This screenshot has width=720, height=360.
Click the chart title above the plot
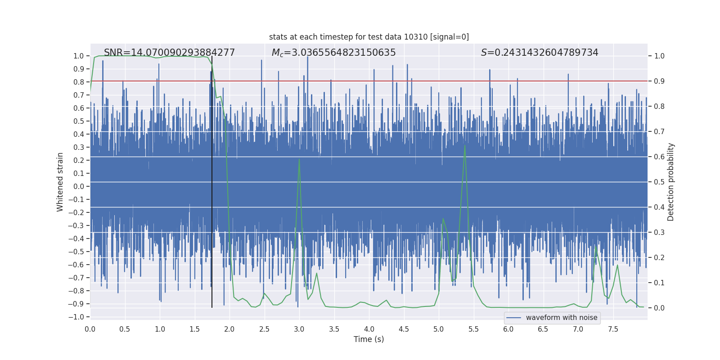(369, 37)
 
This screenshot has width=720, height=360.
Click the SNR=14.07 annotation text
(169, 53)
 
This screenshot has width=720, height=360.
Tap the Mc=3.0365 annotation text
(333, 53)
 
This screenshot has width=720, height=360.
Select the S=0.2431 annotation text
(540, 53)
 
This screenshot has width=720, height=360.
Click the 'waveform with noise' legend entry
(561, 318)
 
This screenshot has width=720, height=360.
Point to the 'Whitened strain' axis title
(60, 182)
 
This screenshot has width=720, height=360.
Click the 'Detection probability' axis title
(671, 182)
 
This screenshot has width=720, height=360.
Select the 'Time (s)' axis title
(369, 339)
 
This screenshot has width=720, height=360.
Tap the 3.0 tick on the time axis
(299, 329)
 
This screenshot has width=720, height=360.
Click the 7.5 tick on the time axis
(613, 329)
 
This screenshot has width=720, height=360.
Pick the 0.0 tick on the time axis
(90, 329)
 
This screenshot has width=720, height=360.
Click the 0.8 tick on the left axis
(79, 82)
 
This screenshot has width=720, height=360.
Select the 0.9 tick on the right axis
(659, 81)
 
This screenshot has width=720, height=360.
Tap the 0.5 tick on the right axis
(659, 182)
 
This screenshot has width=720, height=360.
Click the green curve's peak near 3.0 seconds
(299, 159)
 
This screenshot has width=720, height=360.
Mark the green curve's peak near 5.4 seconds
(465, 145)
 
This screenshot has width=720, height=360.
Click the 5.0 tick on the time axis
(439, 329)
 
